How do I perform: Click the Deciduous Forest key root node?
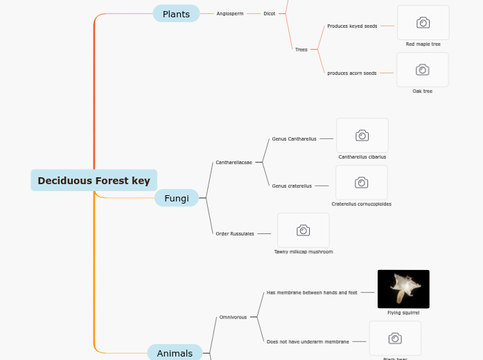(x=94, y=181)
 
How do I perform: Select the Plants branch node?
(x=176, y=14)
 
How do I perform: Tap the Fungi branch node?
(x=176, y=199)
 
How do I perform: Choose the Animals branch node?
(x=175, y=353)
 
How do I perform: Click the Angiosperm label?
(x=230, y=14)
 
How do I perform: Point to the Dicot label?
(x=270, y=14)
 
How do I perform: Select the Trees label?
(x=301, y=50)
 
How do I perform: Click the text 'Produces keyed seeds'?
(x=352, y=26)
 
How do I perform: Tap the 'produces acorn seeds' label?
(x=352, y=73)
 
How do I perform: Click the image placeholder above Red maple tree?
(x=423, y=23)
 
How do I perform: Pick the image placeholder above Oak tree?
(x=422, y=70)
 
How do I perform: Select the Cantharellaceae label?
(x=234, y=163)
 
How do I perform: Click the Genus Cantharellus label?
(x=294, y=139)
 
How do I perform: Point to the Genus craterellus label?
(x=292, y=186)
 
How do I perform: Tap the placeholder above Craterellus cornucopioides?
(x=361, y=183)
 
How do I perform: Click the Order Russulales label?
(x=235, y=234)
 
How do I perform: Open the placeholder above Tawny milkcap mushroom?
(x=303, y=231)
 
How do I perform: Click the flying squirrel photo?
(x=403, y=289)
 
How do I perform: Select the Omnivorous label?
(x=233, y=317)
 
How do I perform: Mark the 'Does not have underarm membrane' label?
(x=308, y=341)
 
